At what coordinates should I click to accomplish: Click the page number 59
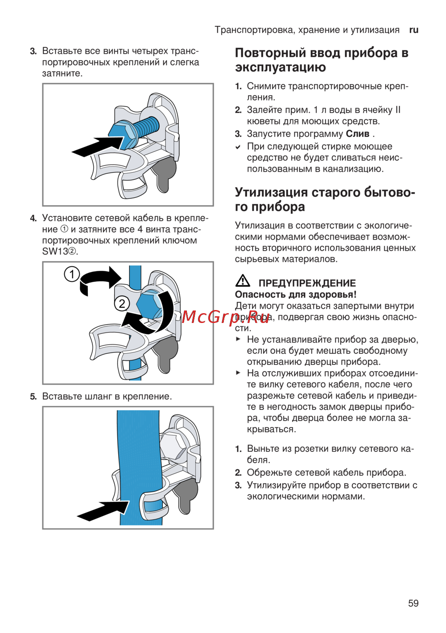tap(413, 603)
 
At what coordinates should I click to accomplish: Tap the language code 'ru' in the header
tap(414, 30)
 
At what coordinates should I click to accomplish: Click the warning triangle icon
tap(243, 281)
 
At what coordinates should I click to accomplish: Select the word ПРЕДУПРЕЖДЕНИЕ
tap(307, 283)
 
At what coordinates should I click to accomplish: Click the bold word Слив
tap(358, 134)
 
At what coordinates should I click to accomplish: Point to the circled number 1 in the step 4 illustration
tap(72, 274)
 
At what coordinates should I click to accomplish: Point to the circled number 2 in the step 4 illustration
tap(122, 304)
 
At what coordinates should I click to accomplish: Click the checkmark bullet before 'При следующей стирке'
tap(239, 147)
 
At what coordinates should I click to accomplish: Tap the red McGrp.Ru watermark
tap(225, 317)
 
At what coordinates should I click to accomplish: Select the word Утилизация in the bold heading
tap(271, 192)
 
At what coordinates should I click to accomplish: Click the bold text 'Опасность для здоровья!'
tap(296, 294)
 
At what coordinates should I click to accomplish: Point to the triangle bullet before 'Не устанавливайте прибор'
tap(239, 339)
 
